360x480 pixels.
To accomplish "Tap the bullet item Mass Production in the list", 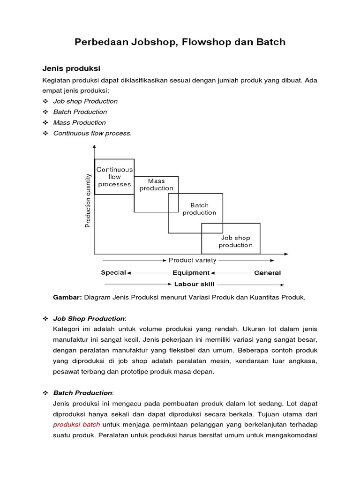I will click(79, 122).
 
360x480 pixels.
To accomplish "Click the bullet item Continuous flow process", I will click(92, 133).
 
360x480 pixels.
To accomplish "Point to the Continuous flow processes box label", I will click(114, 177).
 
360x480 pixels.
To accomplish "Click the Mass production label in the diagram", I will click(156, 184).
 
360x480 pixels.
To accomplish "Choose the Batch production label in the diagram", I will click(199, 209).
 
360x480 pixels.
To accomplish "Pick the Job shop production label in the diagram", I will click(236, 241).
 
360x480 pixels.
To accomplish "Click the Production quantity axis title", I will click(88, 200).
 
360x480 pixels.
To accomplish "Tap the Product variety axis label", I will click(192, 260).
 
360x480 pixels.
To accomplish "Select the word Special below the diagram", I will click(113, 272).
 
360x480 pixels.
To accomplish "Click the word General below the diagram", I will click(267, 273).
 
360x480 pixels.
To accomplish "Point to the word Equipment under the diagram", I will click(191, 272).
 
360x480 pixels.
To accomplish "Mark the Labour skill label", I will click(194, 284).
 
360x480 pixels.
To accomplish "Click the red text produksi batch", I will click(76, 424).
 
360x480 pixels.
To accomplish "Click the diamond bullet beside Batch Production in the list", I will click(45, 112).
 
